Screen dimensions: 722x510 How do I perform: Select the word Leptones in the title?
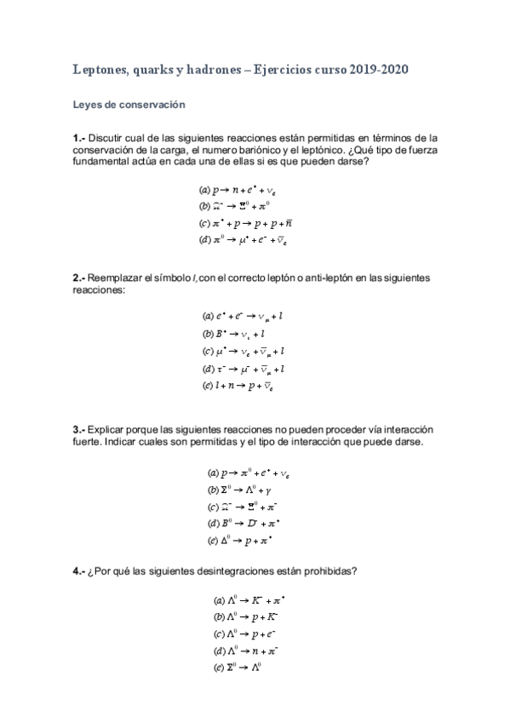pyautogui.click(x=97, y=72)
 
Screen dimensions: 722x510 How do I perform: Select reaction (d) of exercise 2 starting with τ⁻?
pyautogui.click(x=243, y=369)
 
